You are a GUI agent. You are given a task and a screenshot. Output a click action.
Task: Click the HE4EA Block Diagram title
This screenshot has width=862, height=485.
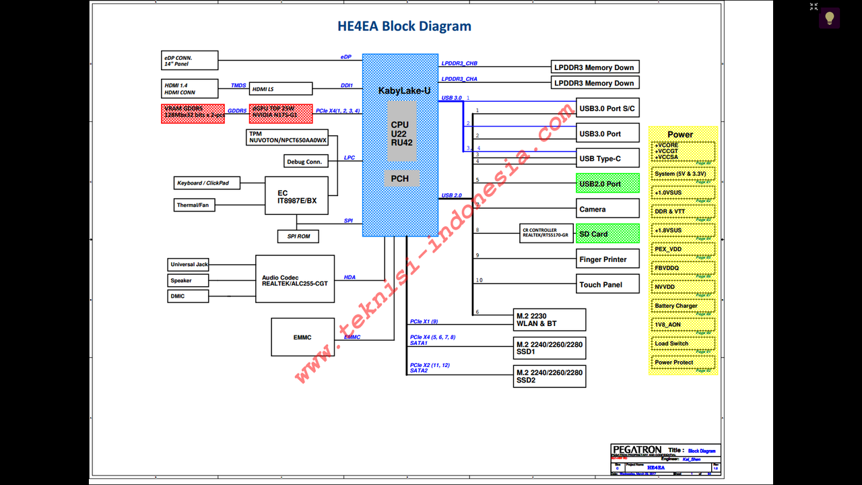404,26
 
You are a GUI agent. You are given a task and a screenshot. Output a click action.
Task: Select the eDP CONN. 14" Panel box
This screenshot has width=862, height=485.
190,61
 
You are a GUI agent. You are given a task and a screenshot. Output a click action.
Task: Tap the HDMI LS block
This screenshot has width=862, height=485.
281,89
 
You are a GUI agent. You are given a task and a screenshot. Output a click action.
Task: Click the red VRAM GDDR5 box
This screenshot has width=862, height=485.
193,113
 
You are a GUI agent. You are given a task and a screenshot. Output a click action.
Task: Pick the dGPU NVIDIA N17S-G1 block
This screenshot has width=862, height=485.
281,113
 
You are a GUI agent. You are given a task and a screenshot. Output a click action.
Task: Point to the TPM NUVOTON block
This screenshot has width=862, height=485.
288,137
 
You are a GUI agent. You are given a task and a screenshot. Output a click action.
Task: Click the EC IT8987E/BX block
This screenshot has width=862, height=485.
296,196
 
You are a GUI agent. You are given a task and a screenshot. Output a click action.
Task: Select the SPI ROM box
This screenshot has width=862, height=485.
298,236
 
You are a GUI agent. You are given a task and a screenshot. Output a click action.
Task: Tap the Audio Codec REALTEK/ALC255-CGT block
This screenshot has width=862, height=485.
295,279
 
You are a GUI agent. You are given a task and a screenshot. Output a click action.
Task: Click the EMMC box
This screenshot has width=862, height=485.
303,337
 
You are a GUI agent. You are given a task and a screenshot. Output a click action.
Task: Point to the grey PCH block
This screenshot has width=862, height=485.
400,179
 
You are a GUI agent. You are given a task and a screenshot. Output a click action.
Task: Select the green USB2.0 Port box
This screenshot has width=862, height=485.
607,184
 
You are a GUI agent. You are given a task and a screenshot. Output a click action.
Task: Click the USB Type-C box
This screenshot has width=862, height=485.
607,159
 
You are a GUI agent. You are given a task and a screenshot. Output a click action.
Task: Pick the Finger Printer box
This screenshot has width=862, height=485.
607,259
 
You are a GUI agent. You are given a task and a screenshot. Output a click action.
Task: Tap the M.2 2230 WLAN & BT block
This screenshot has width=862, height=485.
550,319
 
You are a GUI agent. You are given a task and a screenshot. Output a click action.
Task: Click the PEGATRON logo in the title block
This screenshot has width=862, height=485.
637,449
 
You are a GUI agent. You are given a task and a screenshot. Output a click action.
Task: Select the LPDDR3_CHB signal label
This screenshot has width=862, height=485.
459,63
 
